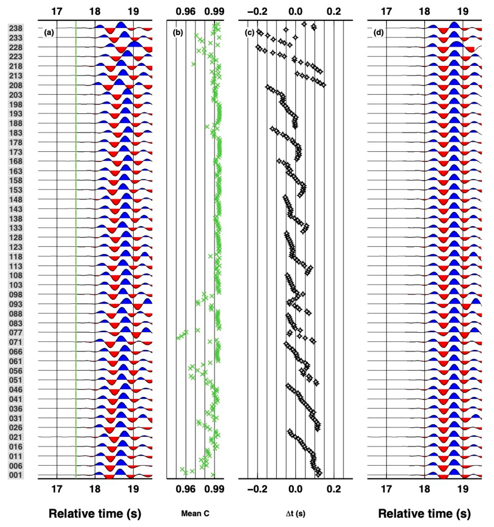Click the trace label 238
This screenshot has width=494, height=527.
click(16, 28)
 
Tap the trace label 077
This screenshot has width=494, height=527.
click(16, 333)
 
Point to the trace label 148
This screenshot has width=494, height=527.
click(16, 199)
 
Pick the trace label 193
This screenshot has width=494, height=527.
click(16, 114)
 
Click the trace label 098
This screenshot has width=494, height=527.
click(16, 294)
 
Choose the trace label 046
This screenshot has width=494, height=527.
click(16, 389)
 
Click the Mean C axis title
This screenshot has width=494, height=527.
click(195, 513)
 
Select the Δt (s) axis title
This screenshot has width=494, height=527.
click(295, 513)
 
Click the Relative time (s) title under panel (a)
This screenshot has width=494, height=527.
click(95, 513)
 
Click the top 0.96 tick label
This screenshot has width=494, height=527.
click(185, 11)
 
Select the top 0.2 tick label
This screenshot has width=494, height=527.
click(334, 11)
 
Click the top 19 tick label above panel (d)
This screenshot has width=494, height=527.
click(463, 11)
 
